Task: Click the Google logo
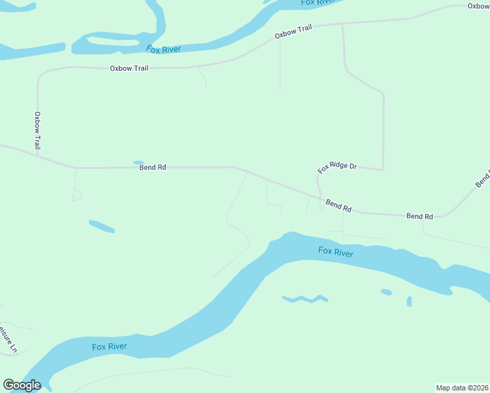[x=22, y=385]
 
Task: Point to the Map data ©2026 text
[x=462, y=388]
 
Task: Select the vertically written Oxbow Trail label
[x=37, y=129]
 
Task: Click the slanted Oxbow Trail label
[x=293, y=31]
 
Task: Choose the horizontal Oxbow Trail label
[x=129, y=68]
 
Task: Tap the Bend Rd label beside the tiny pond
[x=153, y=168]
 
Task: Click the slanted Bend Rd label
[x=339, y=206]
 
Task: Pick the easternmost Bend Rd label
[x=419, y=216]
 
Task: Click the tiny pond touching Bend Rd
[x=138, y=162]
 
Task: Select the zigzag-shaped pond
[x=305, y=299]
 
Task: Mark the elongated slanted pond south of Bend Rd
[x=102, y=226]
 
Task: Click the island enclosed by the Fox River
[x=111, y=43]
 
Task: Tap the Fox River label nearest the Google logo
[x=109, y=346]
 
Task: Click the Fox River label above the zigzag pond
[x=335, y=252]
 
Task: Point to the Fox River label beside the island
[x=162, y=49]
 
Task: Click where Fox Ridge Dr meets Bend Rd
[x=320, y=196]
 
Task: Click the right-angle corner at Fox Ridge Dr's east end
[x=383, y=170]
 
